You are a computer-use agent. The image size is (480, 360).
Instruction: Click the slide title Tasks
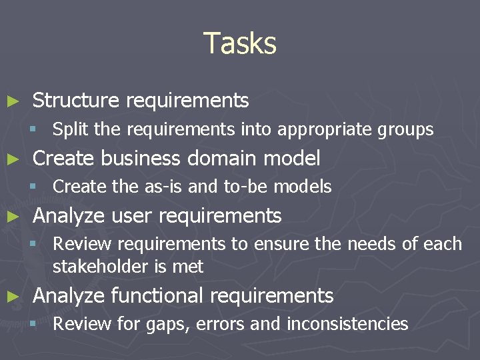240,43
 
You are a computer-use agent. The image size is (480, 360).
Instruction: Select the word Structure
75,101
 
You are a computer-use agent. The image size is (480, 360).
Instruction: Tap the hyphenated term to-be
237,187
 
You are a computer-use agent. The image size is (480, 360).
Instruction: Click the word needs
372,245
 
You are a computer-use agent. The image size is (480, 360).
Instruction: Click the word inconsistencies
347,325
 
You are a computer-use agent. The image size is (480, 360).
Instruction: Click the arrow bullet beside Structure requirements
12,101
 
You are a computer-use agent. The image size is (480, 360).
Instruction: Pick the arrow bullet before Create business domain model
12,159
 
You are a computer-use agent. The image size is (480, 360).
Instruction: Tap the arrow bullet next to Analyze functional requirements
12,296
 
